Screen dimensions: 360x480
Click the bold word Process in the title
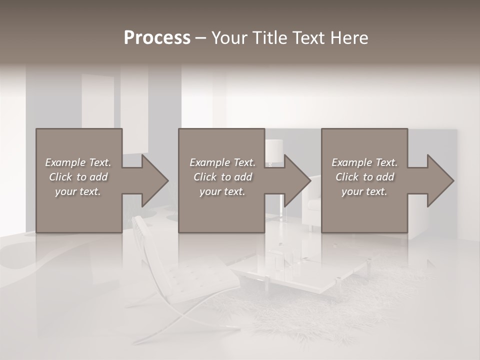tap(157, 38)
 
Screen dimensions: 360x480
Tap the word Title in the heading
tap(268, 38)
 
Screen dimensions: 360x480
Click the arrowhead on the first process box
tap(152, 180)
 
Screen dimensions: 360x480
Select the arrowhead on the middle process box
tap(295, 180)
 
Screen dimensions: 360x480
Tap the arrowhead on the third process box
tap(438, 180)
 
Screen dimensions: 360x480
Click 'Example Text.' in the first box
tap(78, 162)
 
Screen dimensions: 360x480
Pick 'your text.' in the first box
tap(78, 191)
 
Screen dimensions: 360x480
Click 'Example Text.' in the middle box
tap(222, 162)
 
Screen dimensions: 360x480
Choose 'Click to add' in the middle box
tap(222, 177)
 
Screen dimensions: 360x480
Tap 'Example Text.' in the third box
tap(364, 162)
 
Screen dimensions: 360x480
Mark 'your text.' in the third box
tap(364, 191)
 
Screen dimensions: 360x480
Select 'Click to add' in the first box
tap(78, 177)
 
